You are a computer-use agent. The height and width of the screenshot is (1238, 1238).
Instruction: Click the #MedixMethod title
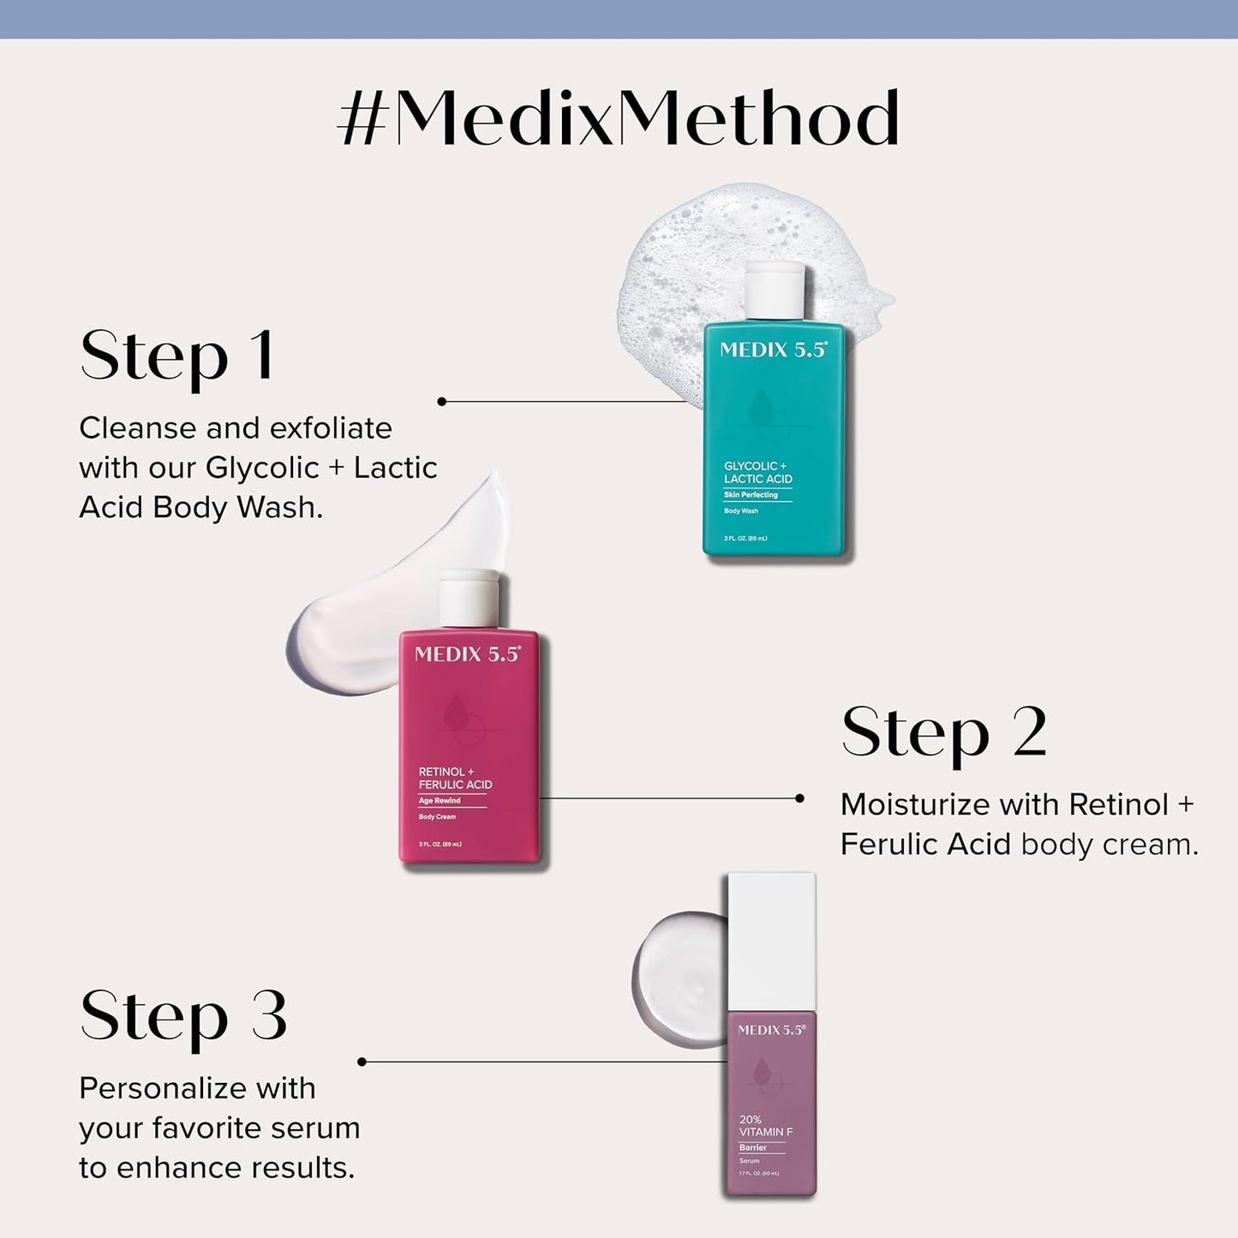619,118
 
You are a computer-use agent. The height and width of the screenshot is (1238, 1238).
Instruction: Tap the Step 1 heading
176,356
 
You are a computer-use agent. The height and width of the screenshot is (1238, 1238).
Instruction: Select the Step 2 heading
943,733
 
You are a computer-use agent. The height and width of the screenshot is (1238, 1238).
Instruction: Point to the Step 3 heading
183,1017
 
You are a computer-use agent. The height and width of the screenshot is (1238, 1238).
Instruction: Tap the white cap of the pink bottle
469,598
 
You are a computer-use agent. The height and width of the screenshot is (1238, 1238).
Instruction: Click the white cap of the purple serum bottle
771,941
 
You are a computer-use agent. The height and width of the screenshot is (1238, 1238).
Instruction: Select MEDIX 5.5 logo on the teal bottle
773,350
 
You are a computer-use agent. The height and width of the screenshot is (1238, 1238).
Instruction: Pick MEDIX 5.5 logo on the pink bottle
467,655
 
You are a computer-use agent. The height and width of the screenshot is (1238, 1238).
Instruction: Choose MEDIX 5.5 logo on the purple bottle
771,1030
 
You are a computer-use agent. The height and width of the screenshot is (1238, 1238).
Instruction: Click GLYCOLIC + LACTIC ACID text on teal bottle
757,472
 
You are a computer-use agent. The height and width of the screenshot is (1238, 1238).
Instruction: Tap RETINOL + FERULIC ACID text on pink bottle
455,778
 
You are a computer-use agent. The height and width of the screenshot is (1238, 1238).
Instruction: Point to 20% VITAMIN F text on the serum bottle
765,1126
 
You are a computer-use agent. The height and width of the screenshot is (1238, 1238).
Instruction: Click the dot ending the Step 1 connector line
442,401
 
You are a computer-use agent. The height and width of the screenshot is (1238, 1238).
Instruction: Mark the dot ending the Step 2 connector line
799,798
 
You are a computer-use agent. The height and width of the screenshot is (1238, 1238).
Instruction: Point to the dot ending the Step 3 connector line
362,1062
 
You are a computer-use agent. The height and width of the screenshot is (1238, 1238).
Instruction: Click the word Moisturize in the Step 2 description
902,804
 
